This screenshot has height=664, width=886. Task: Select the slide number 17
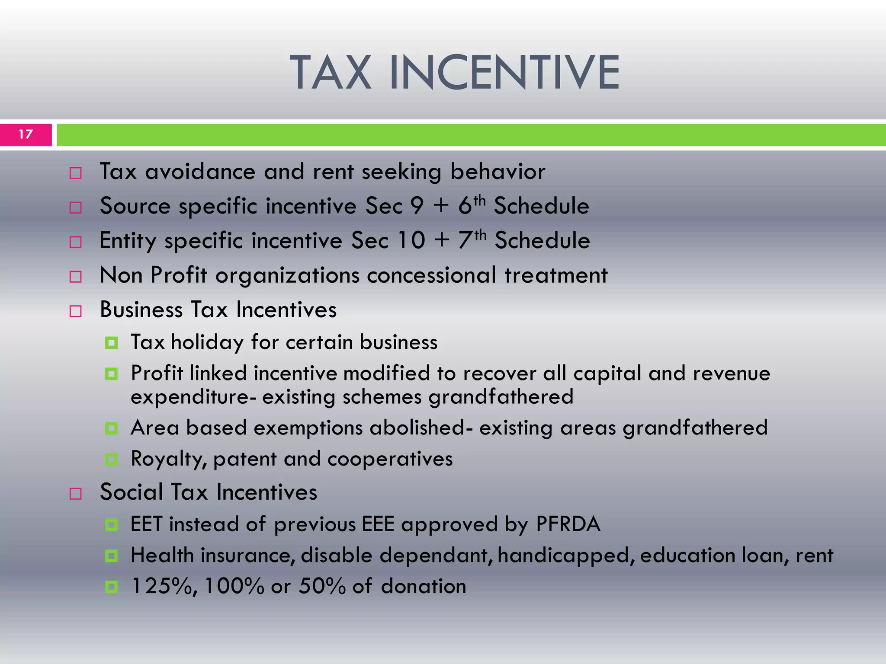click(26, 134)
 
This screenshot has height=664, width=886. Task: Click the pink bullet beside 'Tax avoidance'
click(76, 173)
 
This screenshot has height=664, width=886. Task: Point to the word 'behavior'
click(498, 172)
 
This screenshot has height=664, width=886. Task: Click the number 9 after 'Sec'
click(417, 206)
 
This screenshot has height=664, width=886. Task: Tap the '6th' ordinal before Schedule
click(472, 205)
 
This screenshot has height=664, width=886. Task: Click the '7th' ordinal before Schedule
click(472, 239)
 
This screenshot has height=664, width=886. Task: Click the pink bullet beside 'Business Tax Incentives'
click(76, 311)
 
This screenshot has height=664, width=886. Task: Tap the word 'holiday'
click(207, 343)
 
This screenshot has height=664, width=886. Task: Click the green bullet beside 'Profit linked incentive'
click(112, 374)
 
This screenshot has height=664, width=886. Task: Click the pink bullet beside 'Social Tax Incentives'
click(76, 494)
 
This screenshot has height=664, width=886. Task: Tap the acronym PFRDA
click(568, 524)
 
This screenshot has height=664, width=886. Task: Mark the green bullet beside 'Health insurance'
click(112, 556)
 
